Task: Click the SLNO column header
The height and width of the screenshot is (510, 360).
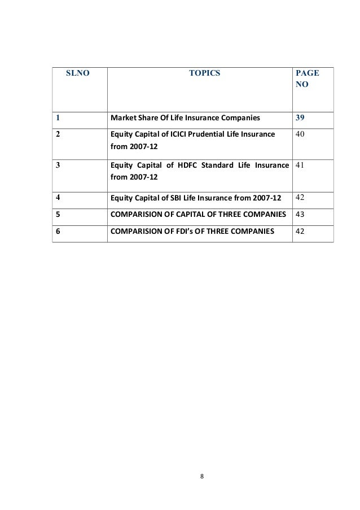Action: [78, 73]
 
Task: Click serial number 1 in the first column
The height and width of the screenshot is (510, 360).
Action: [58, 119]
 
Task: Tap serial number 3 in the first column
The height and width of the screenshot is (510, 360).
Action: [58, 166]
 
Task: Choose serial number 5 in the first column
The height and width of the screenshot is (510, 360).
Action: [58, 215]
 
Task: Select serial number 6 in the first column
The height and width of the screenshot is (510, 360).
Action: [58, 231]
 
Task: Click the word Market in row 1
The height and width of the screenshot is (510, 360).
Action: [122, 119]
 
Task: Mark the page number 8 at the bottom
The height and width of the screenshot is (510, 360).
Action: [203, 475]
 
